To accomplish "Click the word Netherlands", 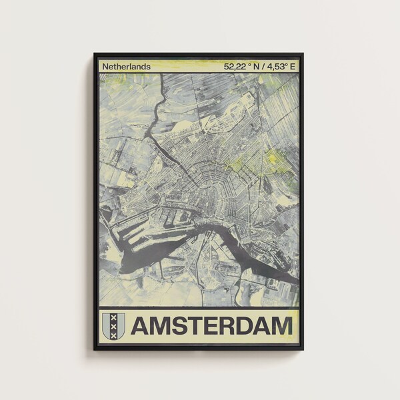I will (x=126, y=66).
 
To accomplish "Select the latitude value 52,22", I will (x=235, y=66).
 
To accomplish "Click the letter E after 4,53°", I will (x=293, y=66).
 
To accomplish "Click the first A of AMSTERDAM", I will (x=141, y=326).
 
